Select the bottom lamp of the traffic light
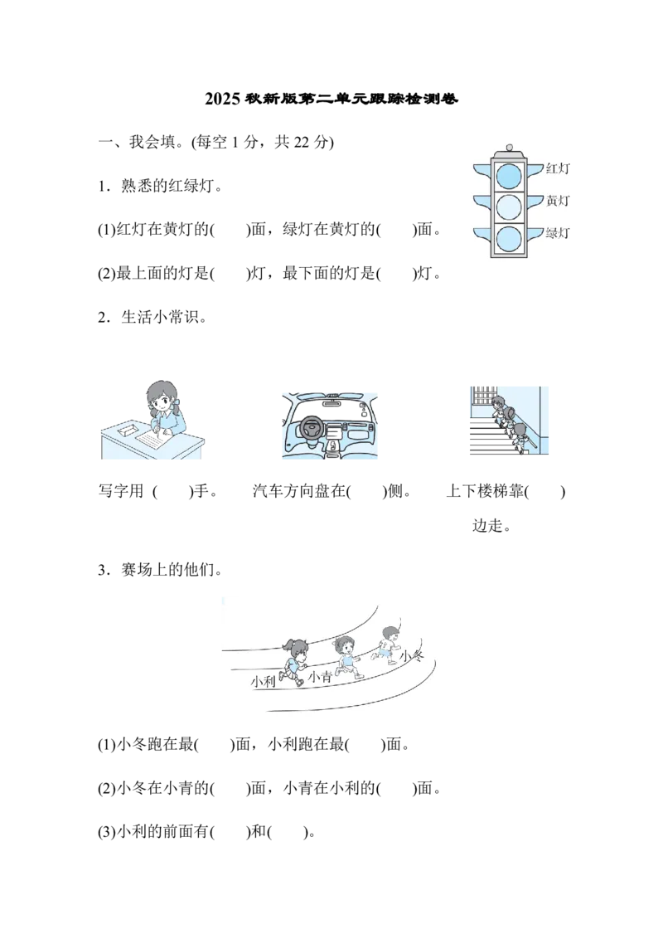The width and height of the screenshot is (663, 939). pyautogui.click(x=509, y=238)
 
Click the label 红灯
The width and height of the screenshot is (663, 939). pyautogui.click(x=559, y=168)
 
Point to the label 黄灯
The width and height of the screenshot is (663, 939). pyautogui.click(x=559, y=201)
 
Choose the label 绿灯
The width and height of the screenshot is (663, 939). pyautogui.click(x=559, y=233)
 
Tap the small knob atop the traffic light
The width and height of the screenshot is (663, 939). pyautogui.click(x=509, y=148)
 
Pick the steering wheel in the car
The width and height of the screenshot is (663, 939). pyautogui.click(x=312, y=428)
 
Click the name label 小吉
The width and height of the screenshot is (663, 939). pyautogui.click(x=320, y=678)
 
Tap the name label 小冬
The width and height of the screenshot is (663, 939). pyautogui.click(x=411, y=657)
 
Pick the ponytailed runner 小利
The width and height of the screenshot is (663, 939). pyautogui.click(x=295, y=660)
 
